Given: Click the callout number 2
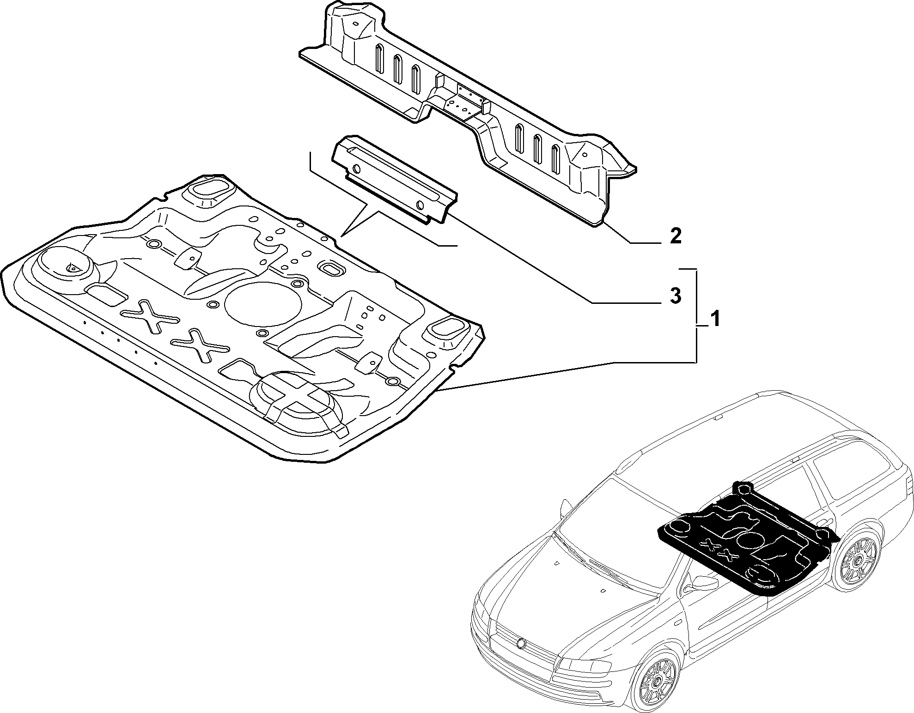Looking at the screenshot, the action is point(675,236).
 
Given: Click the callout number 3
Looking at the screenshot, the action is point(675,296).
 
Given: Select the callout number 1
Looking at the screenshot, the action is point(714,319).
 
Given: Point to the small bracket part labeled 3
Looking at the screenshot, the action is point(394,179).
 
